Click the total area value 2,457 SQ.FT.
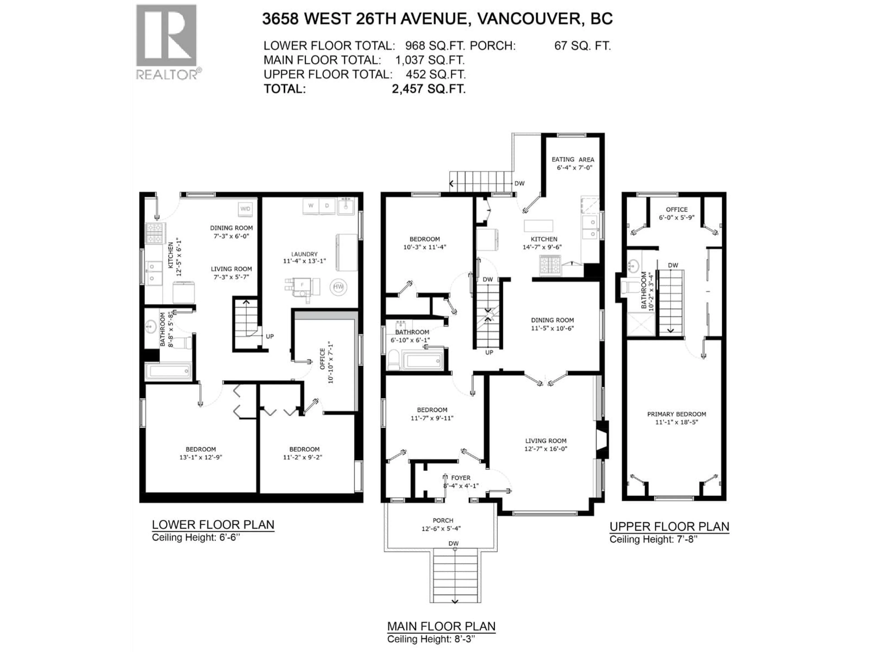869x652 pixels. pos(429,89)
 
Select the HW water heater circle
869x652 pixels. pos(338,287)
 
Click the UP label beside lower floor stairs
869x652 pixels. pos(270,336)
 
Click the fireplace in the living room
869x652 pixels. pos(602,439)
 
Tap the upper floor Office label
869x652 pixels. pos(676,209)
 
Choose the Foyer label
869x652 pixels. pos(461,478)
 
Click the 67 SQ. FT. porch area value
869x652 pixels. pos(583,46)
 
